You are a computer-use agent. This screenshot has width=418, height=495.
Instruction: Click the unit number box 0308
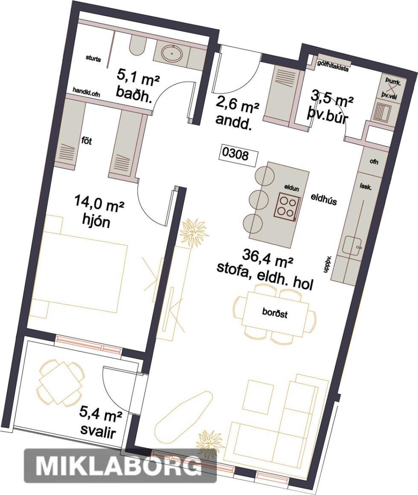(239, 156)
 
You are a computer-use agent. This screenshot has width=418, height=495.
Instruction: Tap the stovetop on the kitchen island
(287, 206)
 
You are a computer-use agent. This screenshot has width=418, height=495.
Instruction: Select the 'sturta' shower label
(93, 58)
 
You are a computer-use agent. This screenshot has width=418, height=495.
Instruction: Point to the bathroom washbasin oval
(171, 54)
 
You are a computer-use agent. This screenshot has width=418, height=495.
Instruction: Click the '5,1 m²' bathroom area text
(137, 77)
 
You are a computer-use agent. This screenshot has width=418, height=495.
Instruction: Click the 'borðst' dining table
(275, 313)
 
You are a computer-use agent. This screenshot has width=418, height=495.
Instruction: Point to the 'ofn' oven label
(374, 162)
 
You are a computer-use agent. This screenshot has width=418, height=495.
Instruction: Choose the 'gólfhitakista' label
(333, 66)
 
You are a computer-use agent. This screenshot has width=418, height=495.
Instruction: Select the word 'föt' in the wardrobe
(86, 141)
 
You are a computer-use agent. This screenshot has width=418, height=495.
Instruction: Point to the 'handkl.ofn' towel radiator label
(86, 92)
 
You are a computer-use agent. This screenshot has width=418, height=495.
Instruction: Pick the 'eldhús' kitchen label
(324, 200)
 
